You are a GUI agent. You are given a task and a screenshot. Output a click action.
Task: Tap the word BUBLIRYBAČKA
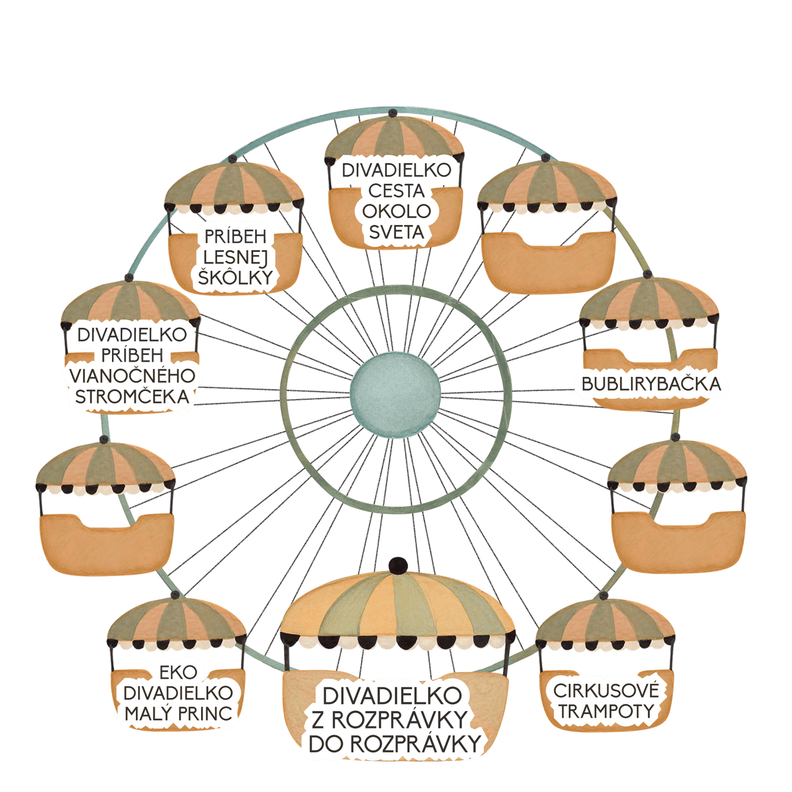[x=651, y=384]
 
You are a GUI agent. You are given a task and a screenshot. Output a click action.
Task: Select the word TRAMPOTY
[x=606, y=712]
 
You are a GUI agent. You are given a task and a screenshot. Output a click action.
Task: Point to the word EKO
[x=178, y=673]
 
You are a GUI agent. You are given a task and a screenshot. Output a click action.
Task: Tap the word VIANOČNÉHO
[x=132, y=376]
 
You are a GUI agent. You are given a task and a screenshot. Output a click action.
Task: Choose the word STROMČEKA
[x=132, y=397]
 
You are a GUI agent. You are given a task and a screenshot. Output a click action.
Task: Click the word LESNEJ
[x=236, y=257]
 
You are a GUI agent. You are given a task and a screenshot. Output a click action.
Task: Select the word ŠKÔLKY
[x=236, y=277]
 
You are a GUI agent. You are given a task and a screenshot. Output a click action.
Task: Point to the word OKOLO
[x=396, y=212]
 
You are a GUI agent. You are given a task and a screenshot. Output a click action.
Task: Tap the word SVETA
[x=396, y=233]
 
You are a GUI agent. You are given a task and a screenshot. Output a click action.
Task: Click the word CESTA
[x=396, y=191]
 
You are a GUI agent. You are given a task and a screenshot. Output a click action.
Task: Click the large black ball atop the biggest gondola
[x=397, y=566]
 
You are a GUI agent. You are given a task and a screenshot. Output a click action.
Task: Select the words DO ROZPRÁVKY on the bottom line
[x=395, y=744]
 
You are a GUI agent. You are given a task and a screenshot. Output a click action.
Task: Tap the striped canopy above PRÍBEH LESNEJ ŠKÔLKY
[x=235, y=185]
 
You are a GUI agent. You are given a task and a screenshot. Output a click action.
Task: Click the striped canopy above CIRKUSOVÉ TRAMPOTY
[x=605, y=626]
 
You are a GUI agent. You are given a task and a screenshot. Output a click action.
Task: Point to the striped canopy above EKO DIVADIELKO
[x=177, y=621]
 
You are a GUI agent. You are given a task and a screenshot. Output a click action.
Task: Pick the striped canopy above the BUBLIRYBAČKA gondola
[x=650, y=302]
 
